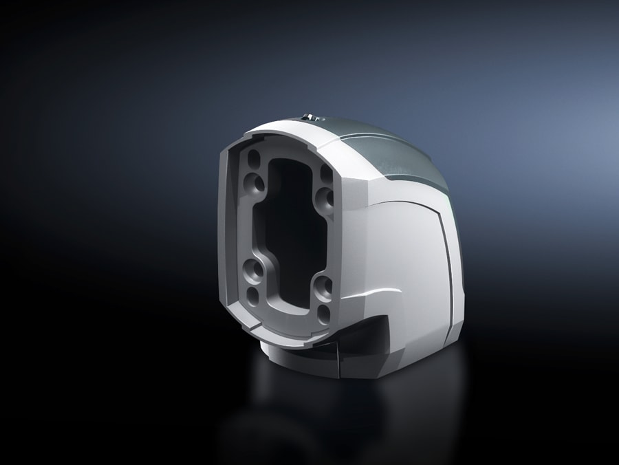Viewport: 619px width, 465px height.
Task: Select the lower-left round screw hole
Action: pyautogui.click(x=254, y=271)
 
